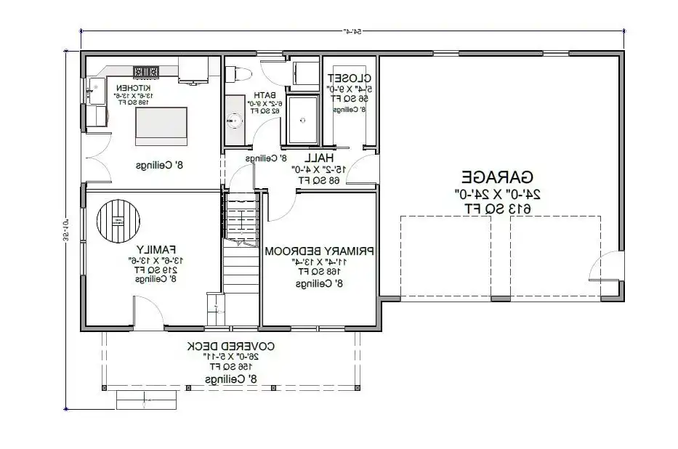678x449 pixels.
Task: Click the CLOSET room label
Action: (350, 78)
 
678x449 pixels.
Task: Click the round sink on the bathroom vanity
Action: (235, 121)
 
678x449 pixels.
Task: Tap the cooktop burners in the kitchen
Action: (146, 71)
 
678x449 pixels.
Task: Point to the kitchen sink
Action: (94, 92)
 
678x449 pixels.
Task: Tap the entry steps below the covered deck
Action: (148, 399)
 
